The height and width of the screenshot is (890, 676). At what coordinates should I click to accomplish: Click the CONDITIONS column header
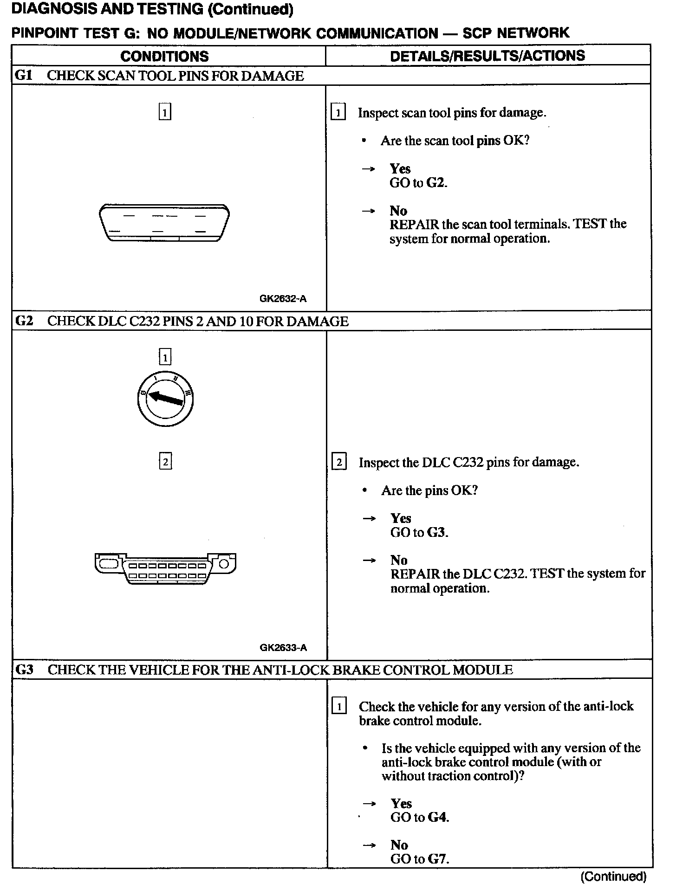(x=164, y=57)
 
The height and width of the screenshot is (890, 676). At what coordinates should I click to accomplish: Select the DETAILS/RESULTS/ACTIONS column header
(x=487, y=56)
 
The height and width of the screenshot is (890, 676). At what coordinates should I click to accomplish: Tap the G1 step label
(x=24, y=75)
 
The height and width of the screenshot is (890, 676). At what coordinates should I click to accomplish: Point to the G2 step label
(x=24, y=321)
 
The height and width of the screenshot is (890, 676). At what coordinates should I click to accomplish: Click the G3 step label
(x=24, y=670)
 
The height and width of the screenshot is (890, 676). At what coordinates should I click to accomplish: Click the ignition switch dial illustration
(x=165, y=400)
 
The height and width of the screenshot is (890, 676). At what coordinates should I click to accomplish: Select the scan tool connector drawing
(x=164, y=223)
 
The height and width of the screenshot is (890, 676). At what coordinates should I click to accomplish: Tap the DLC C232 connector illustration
(x=165, y=568)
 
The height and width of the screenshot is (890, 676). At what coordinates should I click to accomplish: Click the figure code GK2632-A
(x=283, y=299)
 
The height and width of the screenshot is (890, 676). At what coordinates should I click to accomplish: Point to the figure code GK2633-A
(x=283, y=648)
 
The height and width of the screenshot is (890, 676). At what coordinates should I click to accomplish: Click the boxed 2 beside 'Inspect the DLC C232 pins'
(x=339, y=463)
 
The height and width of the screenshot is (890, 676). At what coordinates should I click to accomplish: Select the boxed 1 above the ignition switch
(x=165, y=357)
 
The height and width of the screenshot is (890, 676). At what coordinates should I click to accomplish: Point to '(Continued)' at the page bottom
(x=613, y=877)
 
